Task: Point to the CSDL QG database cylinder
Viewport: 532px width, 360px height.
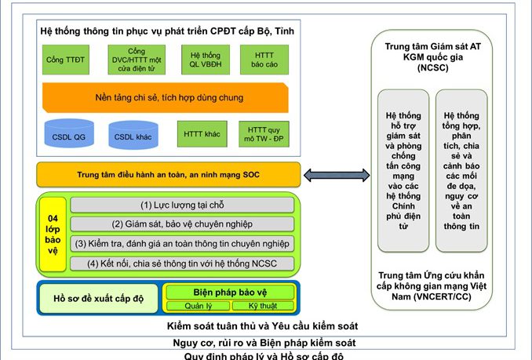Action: point(64,135)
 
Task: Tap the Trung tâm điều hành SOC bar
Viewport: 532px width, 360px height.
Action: point(168,175)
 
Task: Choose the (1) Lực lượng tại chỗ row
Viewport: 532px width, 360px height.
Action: point(182,205)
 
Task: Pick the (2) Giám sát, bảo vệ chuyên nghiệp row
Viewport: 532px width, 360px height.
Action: point(182,224)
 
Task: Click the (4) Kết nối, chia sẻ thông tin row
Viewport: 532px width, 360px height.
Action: point(182,263)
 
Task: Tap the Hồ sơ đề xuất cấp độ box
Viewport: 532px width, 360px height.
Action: point(98,298)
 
